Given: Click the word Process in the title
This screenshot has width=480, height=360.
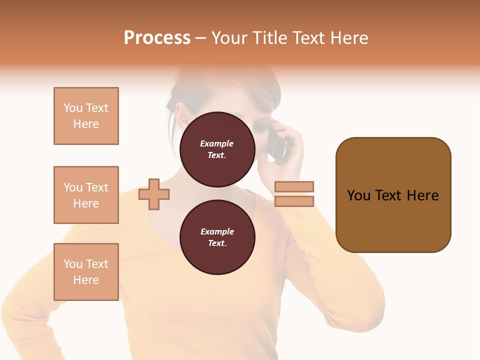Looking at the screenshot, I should pyautogui.click(x=157, y=38).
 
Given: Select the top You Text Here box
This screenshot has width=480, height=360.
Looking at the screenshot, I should pyautogui.click(x=86, y=116).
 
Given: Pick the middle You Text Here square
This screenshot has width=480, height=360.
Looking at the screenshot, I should pyautogui.click(x=86, y=195).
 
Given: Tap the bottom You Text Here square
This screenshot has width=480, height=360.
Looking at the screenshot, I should pyautogui.click(x=86, y=272).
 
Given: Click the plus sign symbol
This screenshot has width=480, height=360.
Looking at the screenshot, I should pyautogui.click(x=154, y=193).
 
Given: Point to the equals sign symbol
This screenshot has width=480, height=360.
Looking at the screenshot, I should pyautogui.click(x=294, y=194).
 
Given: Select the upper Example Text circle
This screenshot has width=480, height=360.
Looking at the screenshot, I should pyautogui.click(x=217, y=149).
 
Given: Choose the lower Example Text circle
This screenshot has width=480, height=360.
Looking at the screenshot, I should pyautogui.click(x=217, y=237).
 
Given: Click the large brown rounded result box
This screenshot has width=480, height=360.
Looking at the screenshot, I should pyautogui.click(x=393, y=195).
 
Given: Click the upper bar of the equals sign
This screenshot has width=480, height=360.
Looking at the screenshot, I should pyautogui.click(x=294, y=186).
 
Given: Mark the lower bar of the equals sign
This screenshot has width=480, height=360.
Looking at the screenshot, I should pyautogui.click(x=294, y=201).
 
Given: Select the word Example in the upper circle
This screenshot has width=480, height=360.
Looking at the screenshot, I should pyautogui.click(x=217, y=143).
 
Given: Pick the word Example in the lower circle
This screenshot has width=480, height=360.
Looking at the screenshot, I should pyautogui.click(x=217, y=231).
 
